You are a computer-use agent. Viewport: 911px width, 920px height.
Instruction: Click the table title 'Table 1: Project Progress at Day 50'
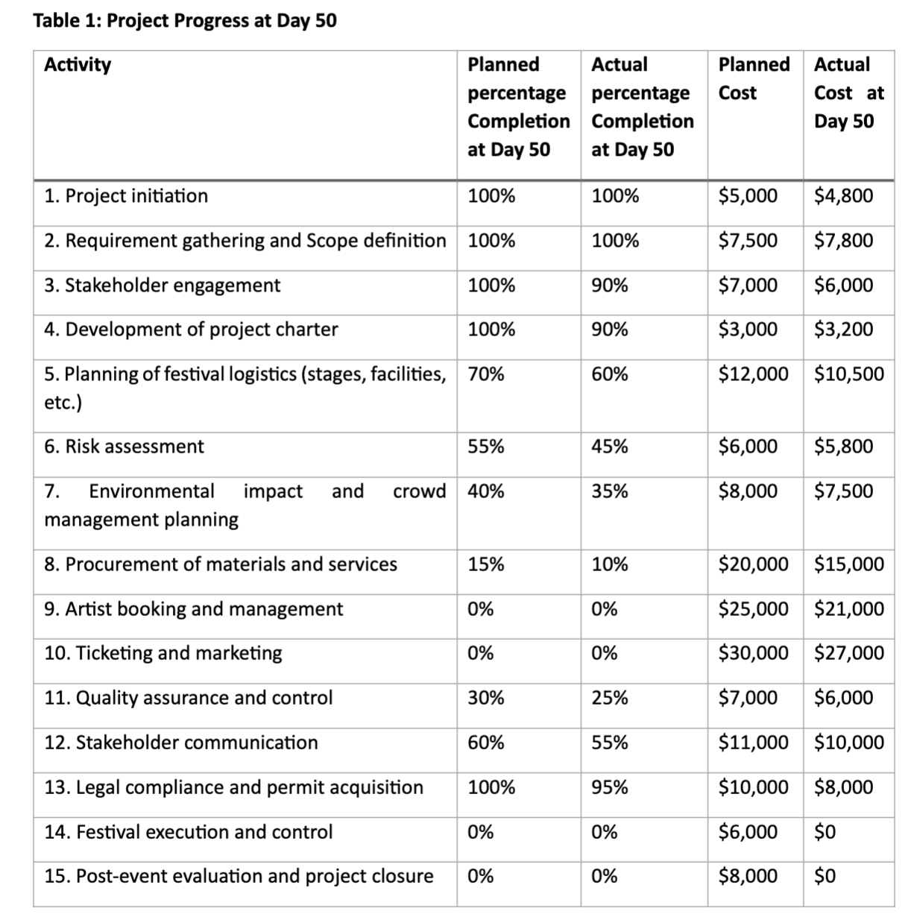coord(185,21)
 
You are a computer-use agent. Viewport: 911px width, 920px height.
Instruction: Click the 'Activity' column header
coord(78,65)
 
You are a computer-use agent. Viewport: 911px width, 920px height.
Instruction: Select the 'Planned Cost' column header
coord(753,78)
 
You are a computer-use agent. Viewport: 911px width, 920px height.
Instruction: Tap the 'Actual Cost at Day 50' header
coord(848,92)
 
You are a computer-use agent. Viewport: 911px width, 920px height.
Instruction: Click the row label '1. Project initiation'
coord(126,196)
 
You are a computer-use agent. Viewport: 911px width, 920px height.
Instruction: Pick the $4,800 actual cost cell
coord(843,196)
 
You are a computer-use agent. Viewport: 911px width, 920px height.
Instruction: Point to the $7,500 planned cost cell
coord(748,241)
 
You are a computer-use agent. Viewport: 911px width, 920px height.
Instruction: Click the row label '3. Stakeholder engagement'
coord(163,286)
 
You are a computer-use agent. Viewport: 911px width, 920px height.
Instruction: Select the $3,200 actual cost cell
coord(843,330)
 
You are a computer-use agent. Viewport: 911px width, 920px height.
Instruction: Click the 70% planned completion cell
coord(486,374)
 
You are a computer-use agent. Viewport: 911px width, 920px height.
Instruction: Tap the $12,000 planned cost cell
coord(753,374)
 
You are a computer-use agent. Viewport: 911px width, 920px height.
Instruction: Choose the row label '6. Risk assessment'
coord(124,447)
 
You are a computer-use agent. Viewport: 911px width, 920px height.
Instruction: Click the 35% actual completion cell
coord(610,491)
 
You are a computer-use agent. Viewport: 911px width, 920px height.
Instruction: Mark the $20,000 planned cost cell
coord(753,564)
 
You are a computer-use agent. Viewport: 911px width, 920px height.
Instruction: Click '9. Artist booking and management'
coord(194,609)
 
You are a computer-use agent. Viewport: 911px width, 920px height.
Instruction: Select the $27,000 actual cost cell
coord(848,654)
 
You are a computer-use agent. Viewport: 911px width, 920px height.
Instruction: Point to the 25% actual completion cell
coord(610,699)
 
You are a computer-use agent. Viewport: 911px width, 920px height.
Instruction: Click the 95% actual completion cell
coord(610,788)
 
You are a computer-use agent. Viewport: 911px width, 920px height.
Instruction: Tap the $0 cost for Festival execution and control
coord(825,832)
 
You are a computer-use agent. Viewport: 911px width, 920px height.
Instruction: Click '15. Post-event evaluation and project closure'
coord(239,876)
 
